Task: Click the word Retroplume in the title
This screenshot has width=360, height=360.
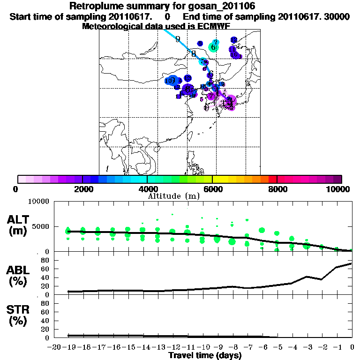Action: point(94,6)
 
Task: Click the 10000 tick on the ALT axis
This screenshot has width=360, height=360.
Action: point(39,202)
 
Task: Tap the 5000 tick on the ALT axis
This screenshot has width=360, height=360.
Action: point(41,226)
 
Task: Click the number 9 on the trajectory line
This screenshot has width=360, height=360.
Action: point(178,39)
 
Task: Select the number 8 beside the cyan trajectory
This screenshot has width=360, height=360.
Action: point(193,53)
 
